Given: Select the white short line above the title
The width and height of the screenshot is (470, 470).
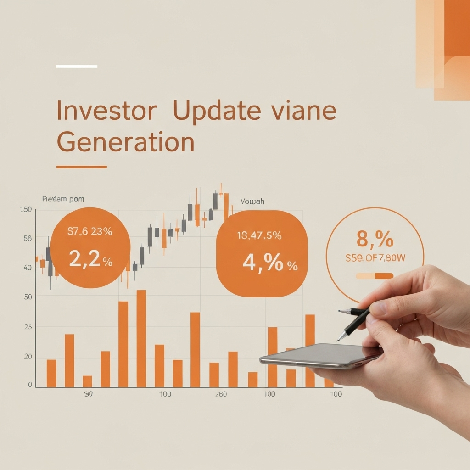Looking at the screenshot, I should (77, 67).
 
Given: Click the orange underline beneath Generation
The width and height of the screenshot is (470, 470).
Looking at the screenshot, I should (81, 167).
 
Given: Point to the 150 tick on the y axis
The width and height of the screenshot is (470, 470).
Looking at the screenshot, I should (26, 210).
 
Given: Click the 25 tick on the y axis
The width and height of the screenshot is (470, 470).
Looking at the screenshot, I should (28, 327).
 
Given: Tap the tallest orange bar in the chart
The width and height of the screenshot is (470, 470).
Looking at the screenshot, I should (141, 338).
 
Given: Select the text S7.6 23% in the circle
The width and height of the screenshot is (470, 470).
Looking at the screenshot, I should (90, 232).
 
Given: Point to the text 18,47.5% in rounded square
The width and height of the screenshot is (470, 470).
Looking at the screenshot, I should (259, 236).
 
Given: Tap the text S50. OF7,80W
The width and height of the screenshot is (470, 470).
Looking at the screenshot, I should (375, 258).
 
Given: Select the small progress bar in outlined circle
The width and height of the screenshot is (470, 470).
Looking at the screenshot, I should (375, 276).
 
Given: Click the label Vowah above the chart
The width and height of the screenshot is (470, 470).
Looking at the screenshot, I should (252, 201).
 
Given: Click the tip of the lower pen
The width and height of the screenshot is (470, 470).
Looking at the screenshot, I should (338, 340).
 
